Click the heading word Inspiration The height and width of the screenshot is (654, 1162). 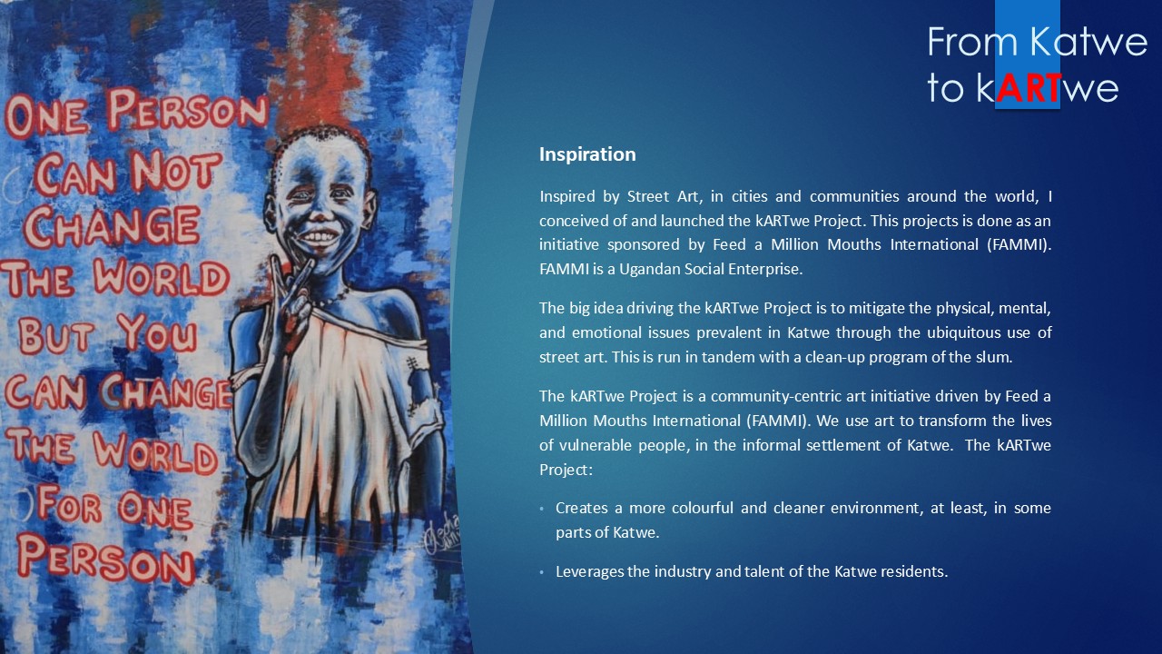coord(587,154)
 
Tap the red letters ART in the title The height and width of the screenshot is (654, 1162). coord(1029,89)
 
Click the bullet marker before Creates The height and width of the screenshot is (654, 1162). coord(542,509)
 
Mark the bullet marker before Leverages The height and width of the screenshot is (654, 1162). coord(542,572)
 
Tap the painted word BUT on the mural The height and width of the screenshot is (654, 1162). coord(56,335)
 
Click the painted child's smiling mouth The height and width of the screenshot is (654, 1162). coord(319,237)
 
